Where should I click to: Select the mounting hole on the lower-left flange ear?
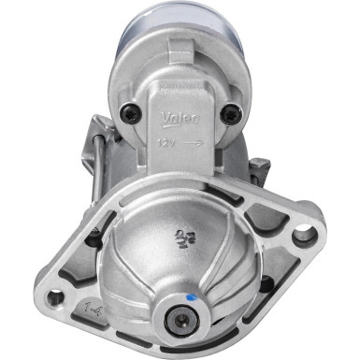pos(56,300)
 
